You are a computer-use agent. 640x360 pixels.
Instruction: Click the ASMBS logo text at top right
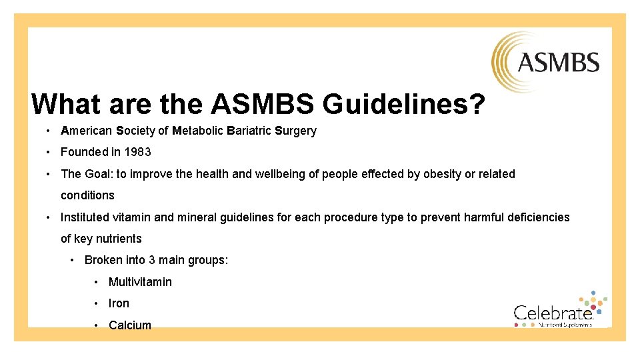558,63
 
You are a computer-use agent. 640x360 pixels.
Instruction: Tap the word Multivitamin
140,282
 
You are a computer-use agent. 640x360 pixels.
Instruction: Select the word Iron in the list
119,303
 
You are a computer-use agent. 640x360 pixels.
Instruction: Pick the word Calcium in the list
130,325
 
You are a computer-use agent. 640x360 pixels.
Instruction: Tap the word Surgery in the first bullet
295,131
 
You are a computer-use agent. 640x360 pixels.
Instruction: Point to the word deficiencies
539,217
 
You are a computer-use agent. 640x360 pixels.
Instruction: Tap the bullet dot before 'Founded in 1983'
50,152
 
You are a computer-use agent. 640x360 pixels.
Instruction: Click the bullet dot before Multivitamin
97,282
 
